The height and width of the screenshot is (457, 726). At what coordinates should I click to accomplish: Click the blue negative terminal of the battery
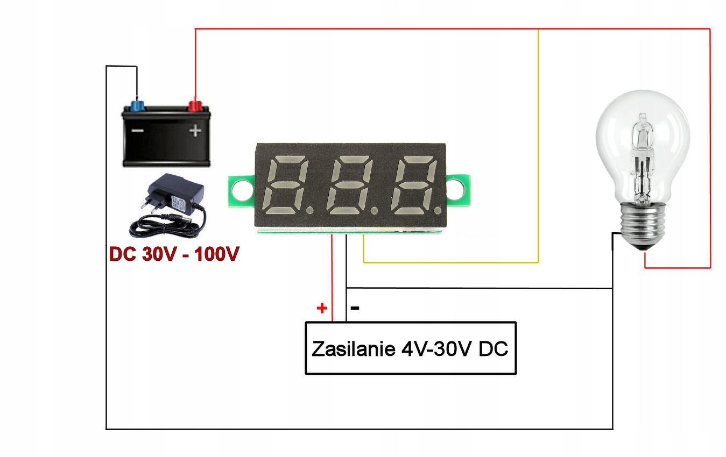137,104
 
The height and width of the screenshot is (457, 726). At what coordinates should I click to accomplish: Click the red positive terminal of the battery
194,104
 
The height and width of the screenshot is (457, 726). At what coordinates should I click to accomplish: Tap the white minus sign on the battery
138,130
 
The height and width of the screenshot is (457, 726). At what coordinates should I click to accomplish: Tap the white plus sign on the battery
195,130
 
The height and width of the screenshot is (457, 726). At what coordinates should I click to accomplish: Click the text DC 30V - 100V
173,254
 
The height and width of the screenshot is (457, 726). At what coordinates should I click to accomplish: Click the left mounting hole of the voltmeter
240,188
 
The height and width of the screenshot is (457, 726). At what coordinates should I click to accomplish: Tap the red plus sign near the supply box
322,308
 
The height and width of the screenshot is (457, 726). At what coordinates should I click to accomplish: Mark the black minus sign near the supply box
355,308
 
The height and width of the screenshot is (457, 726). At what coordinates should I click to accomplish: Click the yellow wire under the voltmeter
451,262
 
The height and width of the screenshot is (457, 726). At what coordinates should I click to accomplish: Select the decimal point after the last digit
439,208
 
